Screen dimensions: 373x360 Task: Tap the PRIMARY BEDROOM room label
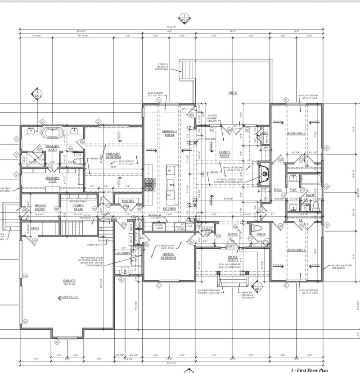(113, 155)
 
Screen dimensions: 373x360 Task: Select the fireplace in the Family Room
(265, 172)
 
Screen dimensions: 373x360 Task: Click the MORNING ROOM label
(169, 133)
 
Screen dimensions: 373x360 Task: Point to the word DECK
(233, 93)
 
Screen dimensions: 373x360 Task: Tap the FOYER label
(232, 235)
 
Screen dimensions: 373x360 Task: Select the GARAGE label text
(69, 282)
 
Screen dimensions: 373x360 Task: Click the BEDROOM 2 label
(297, 134)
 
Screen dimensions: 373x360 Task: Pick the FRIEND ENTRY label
(40, 207)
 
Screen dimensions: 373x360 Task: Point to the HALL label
(279, 190)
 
